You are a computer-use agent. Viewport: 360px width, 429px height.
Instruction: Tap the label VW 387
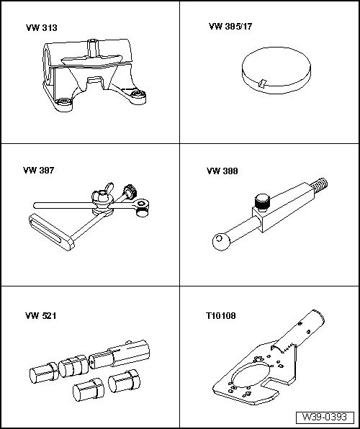click(x=39, y=171)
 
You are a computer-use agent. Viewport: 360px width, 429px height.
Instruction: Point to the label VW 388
click(x=222, y=171)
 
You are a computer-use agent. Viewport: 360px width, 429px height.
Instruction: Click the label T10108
click(x=221, y=315)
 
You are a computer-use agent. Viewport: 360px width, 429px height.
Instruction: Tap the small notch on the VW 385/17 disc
click(x=264, y=81)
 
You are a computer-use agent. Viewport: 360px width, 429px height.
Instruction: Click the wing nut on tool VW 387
click(x=102, y=191)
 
